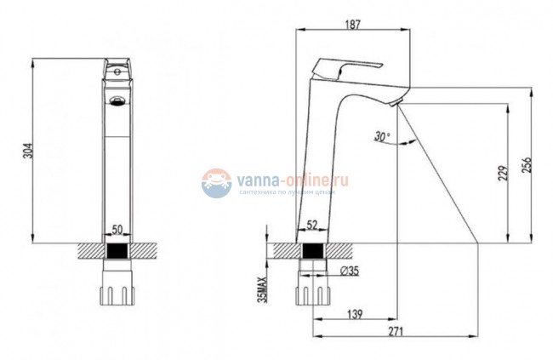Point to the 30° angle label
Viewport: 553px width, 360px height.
pos(380,135)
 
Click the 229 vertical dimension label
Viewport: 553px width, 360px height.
pos(502,173)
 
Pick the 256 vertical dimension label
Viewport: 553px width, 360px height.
pos(527,164)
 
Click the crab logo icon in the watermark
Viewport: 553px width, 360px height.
pos(216,182)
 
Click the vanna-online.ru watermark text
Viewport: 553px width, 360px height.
pos(294,179)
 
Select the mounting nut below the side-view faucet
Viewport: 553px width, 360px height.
pos(311,288)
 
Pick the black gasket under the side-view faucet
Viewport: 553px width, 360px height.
pos(311,251)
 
